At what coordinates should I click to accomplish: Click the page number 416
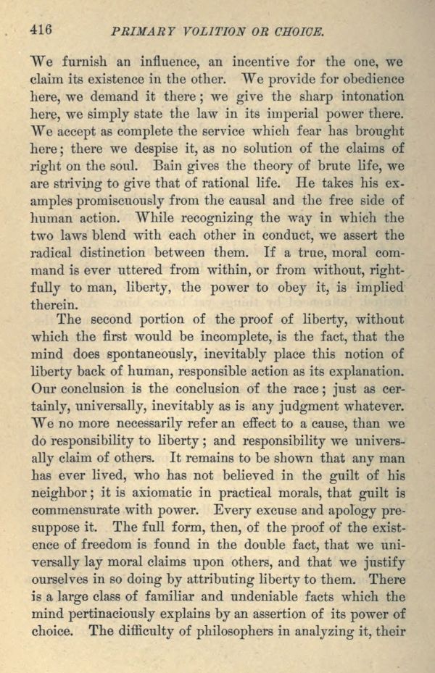[x=43, y=30]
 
